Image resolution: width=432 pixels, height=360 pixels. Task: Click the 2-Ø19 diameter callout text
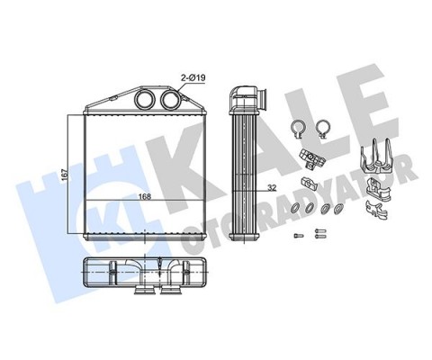click(193, 78)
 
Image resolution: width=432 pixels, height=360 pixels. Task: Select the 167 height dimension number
click(65, 175)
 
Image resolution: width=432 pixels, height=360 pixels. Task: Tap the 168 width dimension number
click(145, 196)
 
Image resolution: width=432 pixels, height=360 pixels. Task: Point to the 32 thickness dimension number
click(272, 188)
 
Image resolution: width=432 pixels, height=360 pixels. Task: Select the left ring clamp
click(298, 130)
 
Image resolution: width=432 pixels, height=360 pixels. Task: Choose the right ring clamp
click(323, 130)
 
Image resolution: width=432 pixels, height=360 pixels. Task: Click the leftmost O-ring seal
click(295, 207)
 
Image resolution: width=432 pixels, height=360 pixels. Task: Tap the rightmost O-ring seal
click(339, 208)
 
